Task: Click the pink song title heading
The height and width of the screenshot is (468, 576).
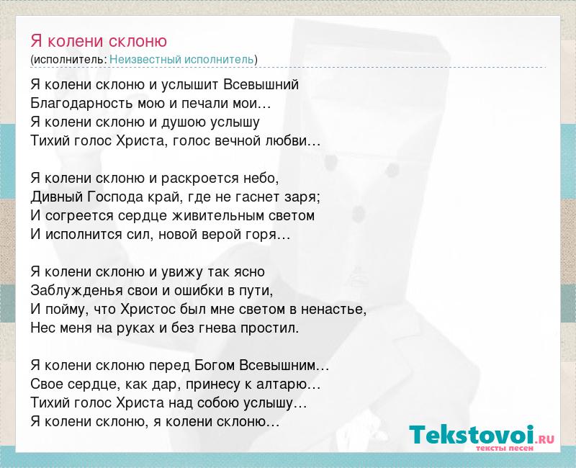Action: [99, 41]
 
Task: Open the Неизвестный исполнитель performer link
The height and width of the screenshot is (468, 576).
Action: [181, 59]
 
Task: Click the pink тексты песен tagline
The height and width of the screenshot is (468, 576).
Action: [505, 448]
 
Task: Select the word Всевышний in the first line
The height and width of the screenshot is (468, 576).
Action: [261, 85]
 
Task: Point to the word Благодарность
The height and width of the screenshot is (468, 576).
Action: [82, 104]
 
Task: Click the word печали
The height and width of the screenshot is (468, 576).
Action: [204, 104]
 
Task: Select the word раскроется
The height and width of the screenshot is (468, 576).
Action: [200, 179]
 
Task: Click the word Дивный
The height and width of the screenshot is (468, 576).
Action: [57, 197]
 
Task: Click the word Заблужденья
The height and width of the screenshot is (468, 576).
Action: [76, 291]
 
